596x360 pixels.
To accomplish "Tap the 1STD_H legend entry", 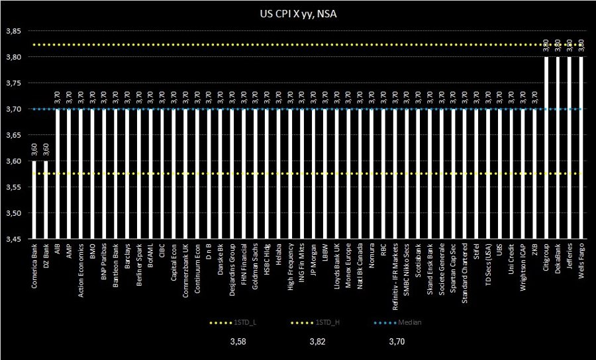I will point(315,322).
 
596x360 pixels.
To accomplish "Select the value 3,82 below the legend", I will point(320,342).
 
